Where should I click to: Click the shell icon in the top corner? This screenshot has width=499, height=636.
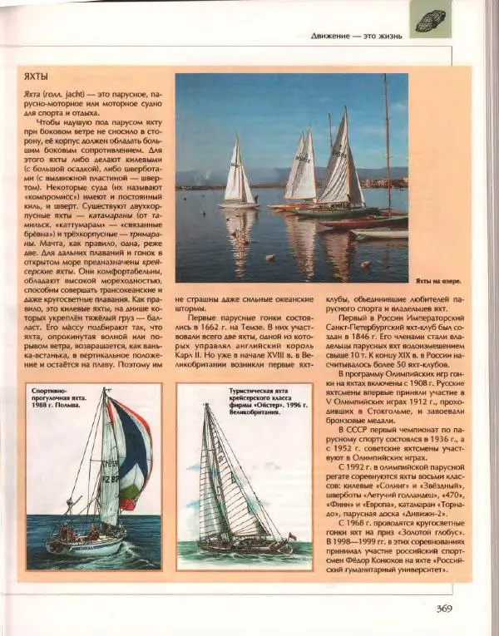(x=430, y=19)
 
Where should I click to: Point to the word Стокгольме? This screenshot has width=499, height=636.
(x=372, y=408)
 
